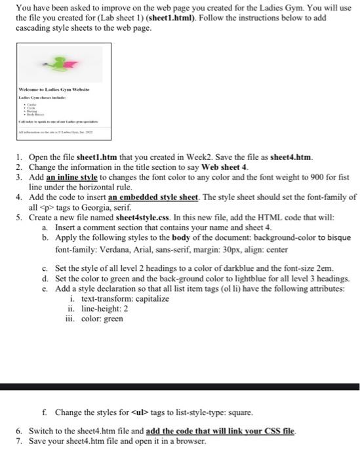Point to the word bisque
[x=335, y=237]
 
